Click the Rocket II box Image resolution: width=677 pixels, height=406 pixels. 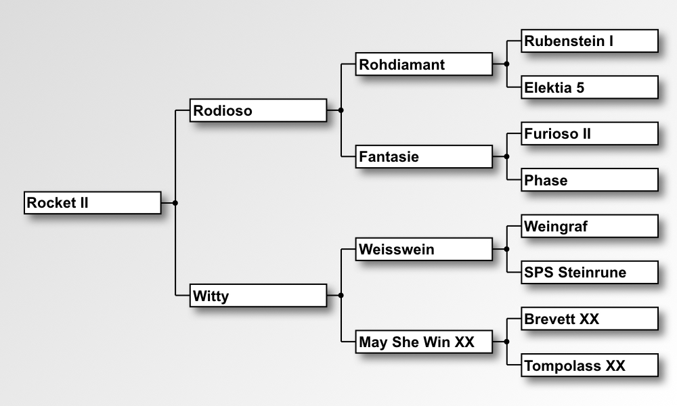pos(92,203)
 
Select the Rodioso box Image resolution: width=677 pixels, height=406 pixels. pos(258,110)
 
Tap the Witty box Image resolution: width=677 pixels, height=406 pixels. pos(258,296)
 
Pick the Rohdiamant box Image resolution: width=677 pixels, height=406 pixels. pos(424,64)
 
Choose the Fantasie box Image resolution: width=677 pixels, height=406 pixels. pos(424,156)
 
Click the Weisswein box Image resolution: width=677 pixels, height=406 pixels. pos(424,250)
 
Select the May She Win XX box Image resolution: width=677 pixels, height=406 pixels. pos(424,342)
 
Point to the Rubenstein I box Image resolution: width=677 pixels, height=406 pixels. pos(590,41)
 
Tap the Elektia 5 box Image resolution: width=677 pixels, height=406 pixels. pos(590,87)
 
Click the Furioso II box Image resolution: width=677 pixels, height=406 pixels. pos(590,134)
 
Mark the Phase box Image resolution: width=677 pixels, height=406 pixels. pos(590,180)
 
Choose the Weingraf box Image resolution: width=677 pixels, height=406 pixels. pos(590,226)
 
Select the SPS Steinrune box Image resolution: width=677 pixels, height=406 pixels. pos(590,272)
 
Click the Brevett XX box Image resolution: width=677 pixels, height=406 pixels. pos(590,319)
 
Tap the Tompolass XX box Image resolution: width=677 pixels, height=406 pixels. pos(590,365)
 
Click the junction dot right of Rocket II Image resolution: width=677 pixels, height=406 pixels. pos(175,203)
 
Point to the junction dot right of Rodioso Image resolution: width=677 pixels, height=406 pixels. pos(341,110)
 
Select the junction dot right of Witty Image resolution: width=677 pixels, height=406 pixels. pos(341,296)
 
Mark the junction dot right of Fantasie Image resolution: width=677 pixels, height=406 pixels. pos(506,156)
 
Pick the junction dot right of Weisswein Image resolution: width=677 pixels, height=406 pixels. pos(506,249)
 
